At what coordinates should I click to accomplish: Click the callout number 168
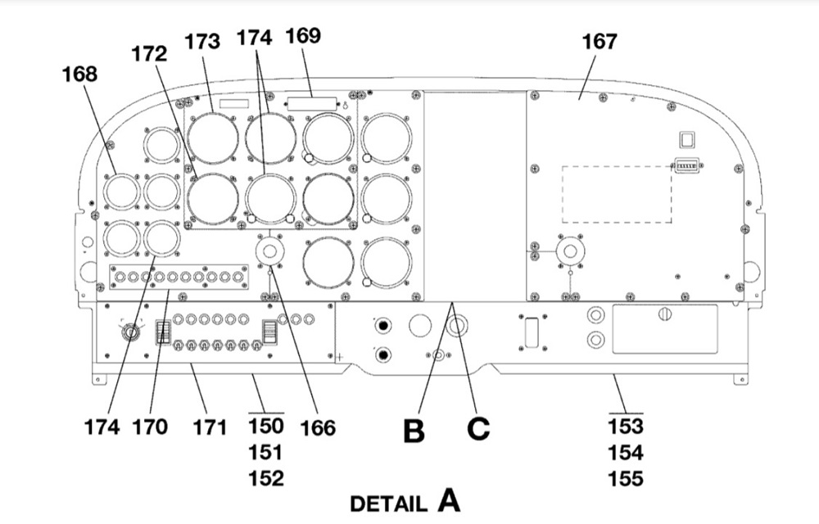pos(79,75)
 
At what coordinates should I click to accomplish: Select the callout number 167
pos(600,41)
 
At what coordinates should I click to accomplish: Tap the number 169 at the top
pos(303,35)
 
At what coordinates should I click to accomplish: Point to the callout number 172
pos(149,53)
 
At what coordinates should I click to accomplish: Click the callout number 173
pos(202,41)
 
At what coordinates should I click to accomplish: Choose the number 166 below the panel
pos(318,428)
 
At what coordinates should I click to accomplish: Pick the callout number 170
pos(150,427)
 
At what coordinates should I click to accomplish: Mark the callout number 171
pos(210,427)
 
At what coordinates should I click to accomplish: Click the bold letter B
pos(414,431)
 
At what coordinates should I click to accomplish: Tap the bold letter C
pos(478,429)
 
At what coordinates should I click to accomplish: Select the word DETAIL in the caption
pos(388,504)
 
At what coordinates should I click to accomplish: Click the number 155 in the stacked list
pos(626,479)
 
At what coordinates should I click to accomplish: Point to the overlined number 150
pos(266,426)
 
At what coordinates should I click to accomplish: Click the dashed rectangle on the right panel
pos(617,195)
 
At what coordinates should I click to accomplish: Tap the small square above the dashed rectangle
pos(687,140)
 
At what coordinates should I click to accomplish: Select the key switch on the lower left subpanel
pos(130,332)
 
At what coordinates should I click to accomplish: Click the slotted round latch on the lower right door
pos(665,314)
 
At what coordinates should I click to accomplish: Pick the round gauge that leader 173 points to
pos(213,138)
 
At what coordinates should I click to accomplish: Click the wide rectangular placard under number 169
pos(312,103)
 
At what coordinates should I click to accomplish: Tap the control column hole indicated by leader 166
pos(269,251)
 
